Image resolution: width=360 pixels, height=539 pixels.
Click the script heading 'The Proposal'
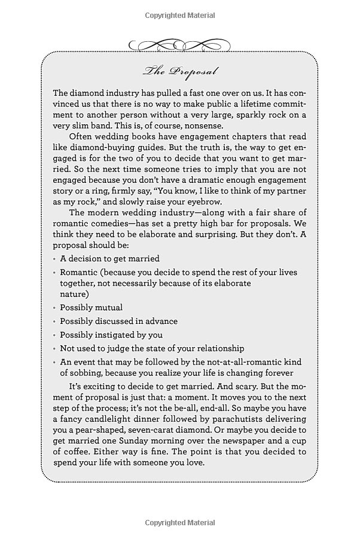(180, 72)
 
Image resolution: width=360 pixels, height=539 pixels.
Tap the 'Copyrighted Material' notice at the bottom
(180, 523)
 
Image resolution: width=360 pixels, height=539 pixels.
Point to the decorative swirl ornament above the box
(179, 45)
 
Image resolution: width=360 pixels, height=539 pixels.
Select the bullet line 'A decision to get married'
(109, 259)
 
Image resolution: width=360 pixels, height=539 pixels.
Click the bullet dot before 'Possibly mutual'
(54, 308)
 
